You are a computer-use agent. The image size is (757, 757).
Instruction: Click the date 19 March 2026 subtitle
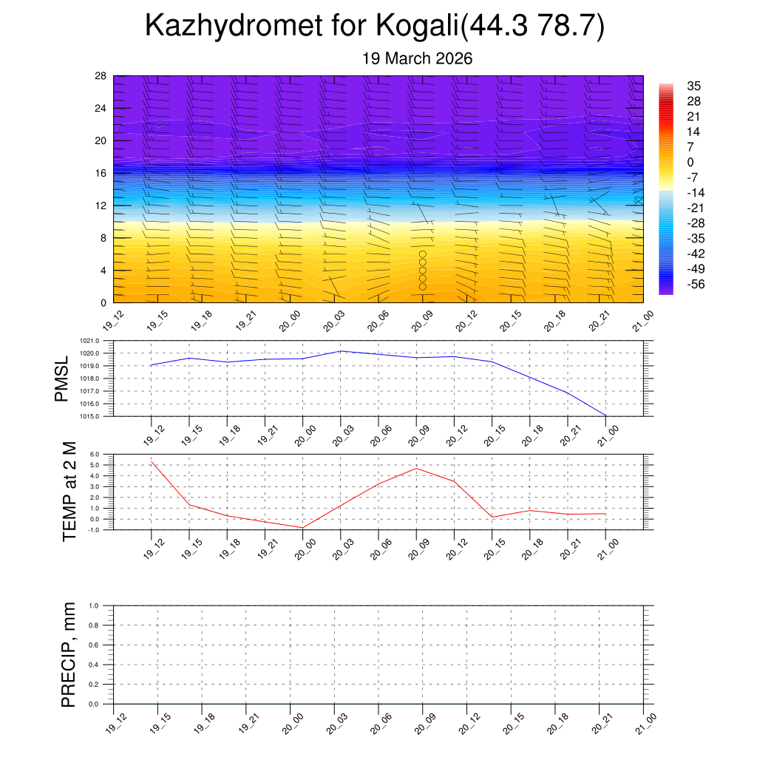[417, 59]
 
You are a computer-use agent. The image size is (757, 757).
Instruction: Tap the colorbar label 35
[693, 86]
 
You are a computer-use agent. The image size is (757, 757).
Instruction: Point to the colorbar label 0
[690, 163]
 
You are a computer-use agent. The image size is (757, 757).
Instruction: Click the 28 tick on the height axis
[101, 76]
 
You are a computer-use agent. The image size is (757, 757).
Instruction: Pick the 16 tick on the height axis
[101, 173]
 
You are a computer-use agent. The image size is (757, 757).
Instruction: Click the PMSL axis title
[61, 378]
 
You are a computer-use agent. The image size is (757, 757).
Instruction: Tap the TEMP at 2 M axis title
[69, 492]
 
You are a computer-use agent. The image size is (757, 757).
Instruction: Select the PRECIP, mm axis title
[69, 655]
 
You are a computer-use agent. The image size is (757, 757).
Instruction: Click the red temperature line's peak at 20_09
[416, 468]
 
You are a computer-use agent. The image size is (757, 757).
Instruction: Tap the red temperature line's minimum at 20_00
[302, 528]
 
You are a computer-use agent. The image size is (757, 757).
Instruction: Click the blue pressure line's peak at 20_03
[341, 351]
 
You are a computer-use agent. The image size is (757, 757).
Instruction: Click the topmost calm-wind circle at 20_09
[423, 254]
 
